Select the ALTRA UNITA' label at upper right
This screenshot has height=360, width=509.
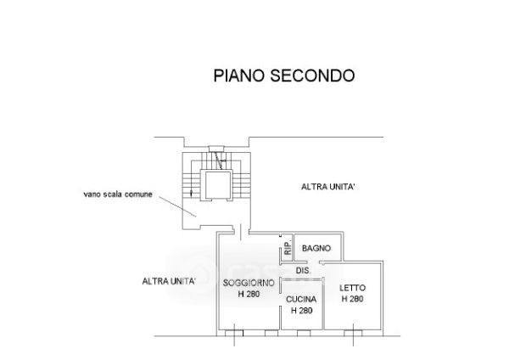(329, 187)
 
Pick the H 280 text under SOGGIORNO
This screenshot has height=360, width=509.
(248, 294)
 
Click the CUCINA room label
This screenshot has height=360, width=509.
(302, 299)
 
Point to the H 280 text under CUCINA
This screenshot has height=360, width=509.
(302, 310)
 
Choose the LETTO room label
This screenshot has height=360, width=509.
(352, 289)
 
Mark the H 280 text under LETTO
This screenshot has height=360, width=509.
(352, 300)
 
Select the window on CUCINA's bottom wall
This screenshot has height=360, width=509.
(302, 331)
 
